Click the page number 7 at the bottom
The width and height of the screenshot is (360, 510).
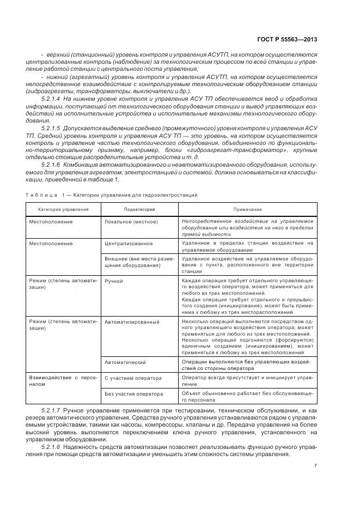pos(315,465)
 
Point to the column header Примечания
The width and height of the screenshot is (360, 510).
pos(248,209)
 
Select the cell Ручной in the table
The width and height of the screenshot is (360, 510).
pos(113,281)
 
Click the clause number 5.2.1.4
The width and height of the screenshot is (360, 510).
pos(51,100)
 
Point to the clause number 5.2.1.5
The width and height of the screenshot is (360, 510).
pos(51,127)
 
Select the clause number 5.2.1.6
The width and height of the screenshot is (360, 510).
pos(51,164)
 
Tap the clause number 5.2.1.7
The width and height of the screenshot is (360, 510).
pos(51,409)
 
